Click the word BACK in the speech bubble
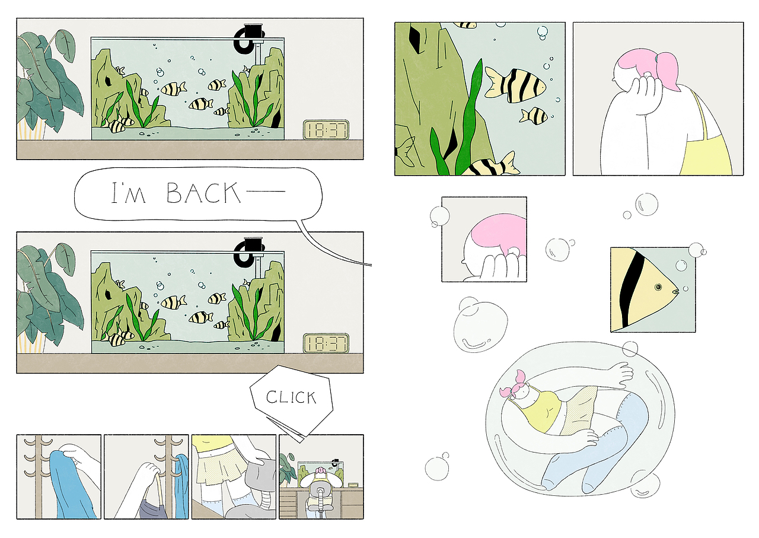[203, 193]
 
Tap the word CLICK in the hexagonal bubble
[291, 397]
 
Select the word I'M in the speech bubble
[129, 193]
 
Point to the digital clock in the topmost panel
[326, 129]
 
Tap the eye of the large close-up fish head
[658, 287]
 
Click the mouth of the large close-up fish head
[675, 291]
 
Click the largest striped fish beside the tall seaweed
[515, 85]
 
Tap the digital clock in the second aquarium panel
[326, 343]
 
